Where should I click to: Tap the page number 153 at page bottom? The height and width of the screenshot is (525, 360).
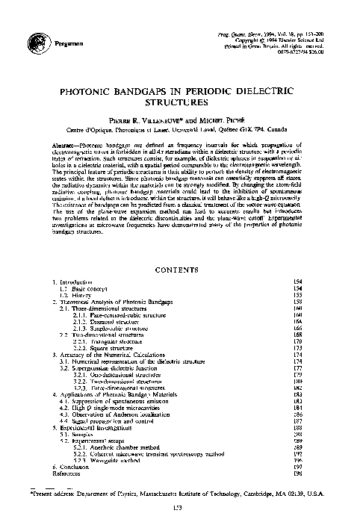click(179, 509)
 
